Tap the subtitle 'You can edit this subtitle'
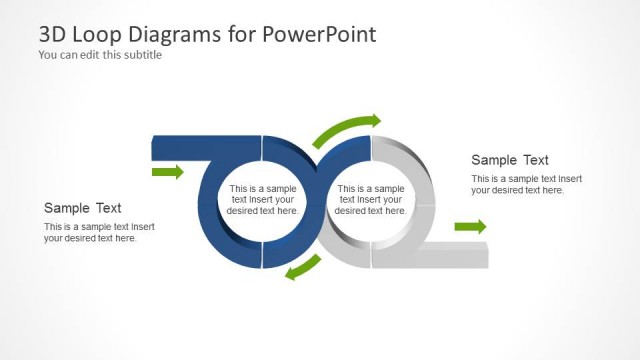point(100,55)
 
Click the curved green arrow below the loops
point(303,267)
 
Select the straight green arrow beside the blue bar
point(167,173)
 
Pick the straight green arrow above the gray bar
point(470,227)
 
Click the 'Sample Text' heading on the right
point(510,160)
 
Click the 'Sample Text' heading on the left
point(83,208)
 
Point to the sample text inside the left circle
point(263,199)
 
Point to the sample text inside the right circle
point(370,199)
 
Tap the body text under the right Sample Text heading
point(526,184)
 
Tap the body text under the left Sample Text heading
point(99,232)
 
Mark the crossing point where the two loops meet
point(317,200)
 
